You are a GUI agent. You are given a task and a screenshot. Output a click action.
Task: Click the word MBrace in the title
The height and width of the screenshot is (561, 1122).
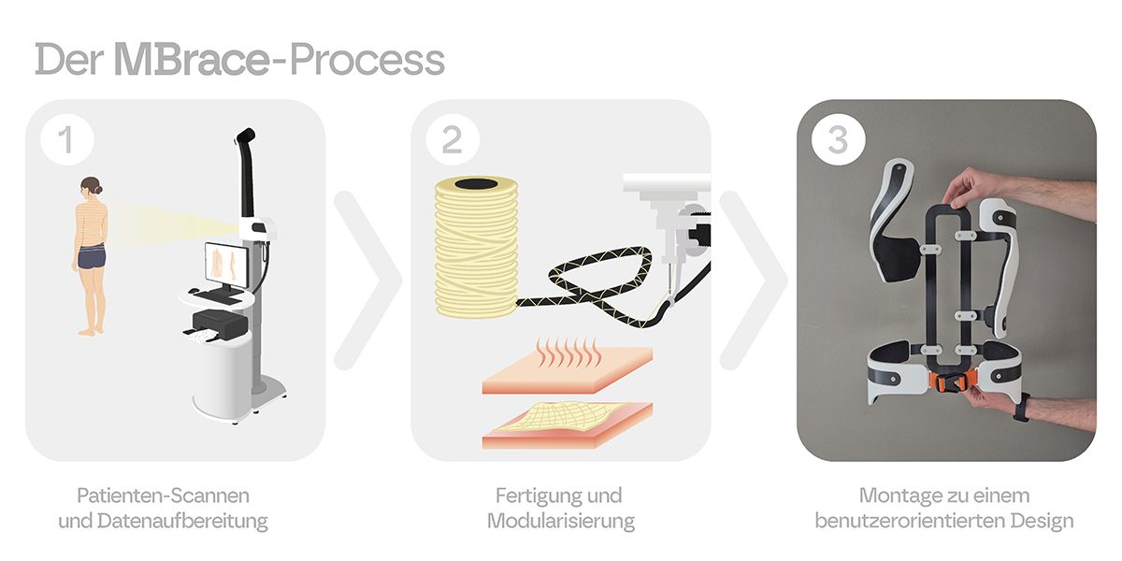point(193,59)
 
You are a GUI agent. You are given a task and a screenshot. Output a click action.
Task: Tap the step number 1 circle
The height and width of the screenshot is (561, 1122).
point(67,138)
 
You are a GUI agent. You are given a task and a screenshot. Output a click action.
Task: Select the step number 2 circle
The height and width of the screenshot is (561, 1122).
point(453,138)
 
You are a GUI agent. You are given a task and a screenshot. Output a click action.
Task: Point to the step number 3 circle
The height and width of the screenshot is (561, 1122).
point(839,138)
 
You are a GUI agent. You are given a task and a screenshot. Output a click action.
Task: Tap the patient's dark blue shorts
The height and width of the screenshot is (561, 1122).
point(92,256)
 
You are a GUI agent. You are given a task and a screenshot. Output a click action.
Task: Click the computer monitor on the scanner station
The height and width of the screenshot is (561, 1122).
point(226,264)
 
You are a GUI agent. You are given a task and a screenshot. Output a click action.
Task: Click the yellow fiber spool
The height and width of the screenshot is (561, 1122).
point(476,247)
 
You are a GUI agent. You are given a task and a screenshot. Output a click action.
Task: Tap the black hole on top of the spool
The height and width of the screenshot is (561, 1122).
point(476,183)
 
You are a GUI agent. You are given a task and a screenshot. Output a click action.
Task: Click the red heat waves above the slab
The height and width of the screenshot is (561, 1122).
point(568,352)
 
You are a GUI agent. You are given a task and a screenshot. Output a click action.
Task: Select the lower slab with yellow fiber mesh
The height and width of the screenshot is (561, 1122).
point(568,424)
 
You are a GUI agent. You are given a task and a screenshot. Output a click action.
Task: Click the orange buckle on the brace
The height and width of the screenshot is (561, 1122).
point(950,383)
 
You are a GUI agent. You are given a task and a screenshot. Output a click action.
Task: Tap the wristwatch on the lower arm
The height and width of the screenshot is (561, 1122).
point(1022,408)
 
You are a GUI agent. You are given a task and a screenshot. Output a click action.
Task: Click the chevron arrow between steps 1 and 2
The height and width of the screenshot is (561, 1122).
point(368,280)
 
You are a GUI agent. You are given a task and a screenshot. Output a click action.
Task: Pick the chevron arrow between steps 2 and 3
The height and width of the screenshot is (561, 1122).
point(754,280)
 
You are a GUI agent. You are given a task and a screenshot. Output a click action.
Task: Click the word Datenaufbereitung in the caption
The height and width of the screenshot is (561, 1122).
point(183,521)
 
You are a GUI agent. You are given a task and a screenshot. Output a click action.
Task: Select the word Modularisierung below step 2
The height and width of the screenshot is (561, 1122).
point(561,521)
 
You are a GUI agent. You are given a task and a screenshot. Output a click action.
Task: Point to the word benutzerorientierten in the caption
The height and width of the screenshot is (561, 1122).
point(910,521)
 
